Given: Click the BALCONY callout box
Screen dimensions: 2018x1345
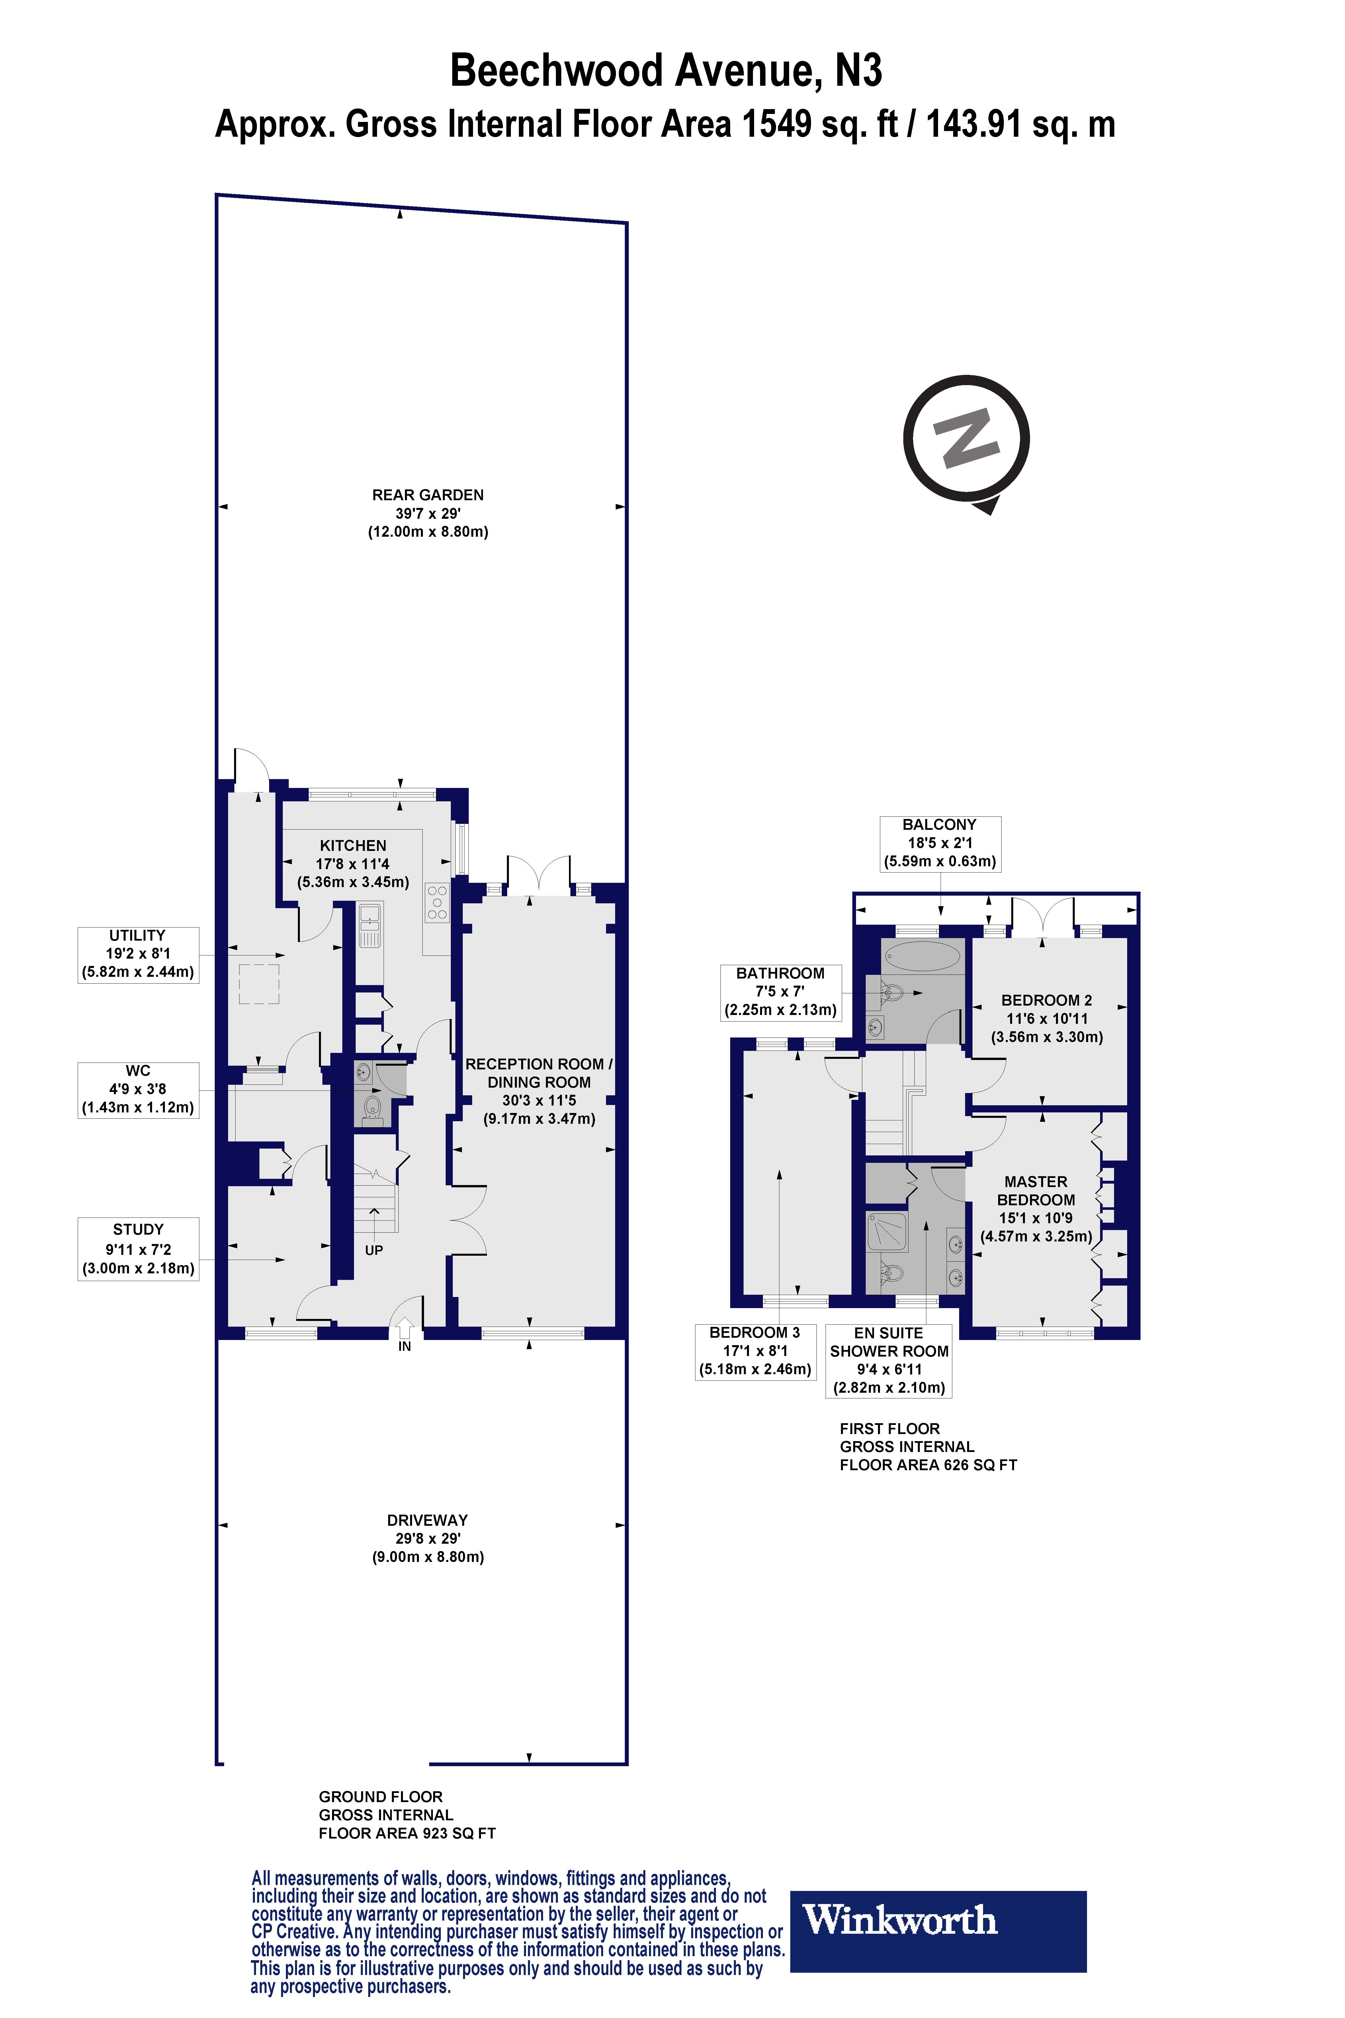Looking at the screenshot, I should pos(940,843).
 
